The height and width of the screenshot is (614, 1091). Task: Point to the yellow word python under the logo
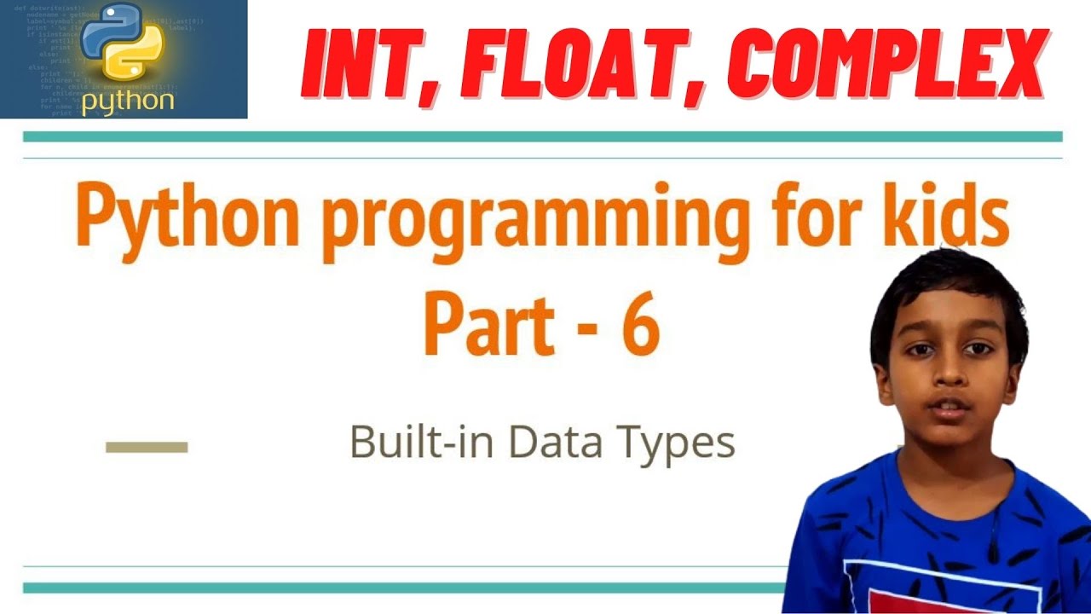click(128, 101)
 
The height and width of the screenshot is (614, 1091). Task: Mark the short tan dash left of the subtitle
click(146, 446)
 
